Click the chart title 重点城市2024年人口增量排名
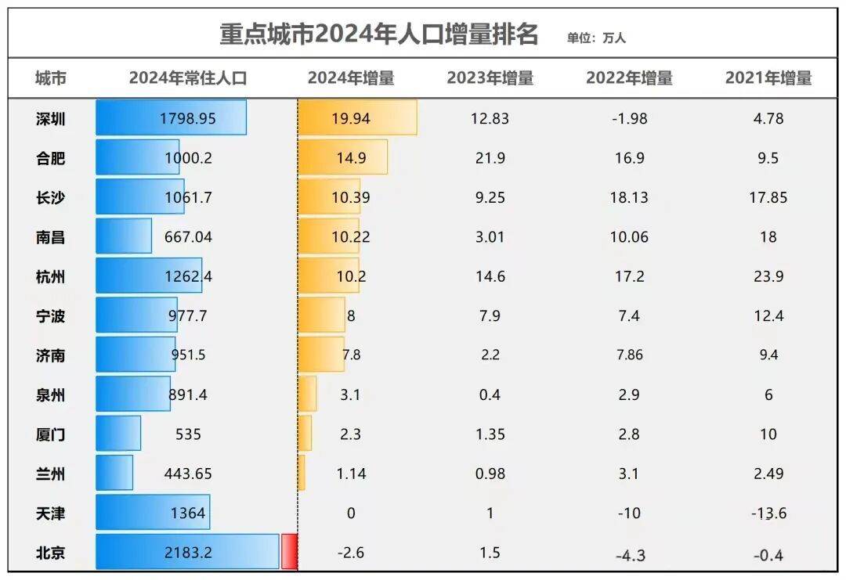pos(378,34)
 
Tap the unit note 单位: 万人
pos(596,38)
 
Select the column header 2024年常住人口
pos(188,78)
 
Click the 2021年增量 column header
pos(768,78)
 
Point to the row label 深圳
pos(50,119)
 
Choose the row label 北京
pos(50,553)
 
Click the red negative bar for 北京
pos(289,552)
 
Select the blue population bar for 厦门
pos(118,434)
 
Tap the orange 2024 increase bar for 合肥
pos(342,157)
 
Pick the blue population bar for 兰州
pos(114,473)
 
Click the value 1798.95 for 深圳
pos(187,119)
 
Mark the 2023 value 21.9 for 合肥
pos(490,158)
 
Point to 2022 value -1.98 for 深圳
pos(629,119)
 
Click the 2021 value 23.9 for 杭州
pos(768,276)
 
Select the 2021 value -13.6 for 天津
pos(768,513)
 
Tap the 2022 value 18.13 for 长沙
pos(629,197)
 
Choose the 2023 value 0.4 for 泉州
pos(490,394)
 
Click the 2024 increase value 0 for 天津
pos(350,513)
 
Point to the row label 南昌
pos(50,237)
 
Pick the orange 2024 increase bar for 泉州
pos(307,394)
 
